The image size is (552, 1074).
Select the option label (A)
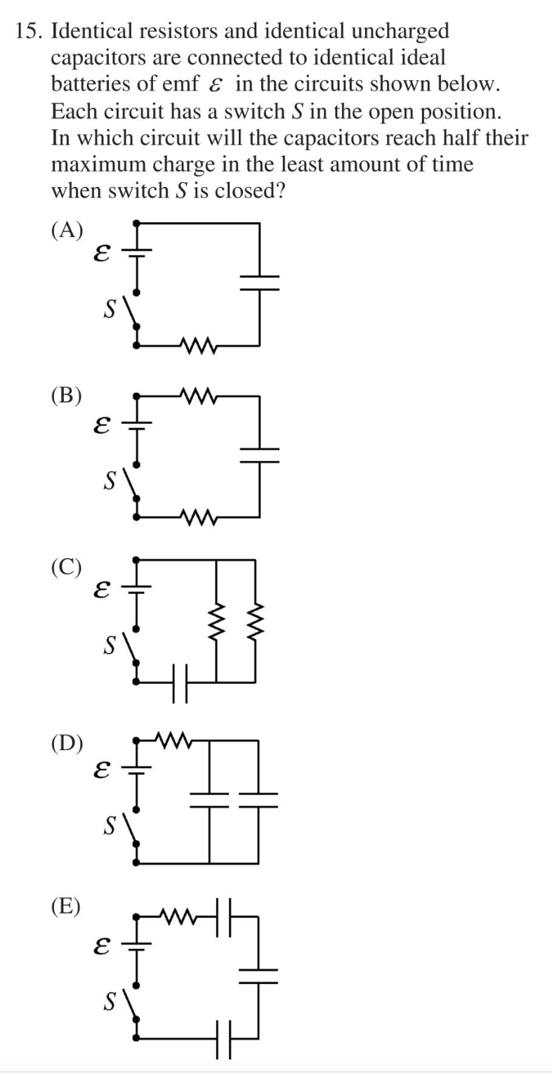[67, 231]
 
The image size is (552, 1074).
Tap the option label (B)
[67, 396]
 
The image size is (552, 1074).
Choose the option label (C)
[67, 567]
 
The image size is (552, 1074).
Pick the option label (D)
[67, 743]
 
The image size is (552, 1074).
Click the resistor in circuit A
[199, 345]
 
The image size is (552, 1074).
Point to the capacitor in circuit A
[259, 283]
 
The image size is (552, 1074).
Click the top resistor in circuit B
[199, 396]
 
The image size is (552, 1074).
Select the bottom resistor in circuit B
[199, 518]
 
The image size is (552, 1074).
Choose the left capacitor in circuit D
[209, 800]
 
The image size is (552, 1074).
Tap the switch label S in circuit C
[110, 645]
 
